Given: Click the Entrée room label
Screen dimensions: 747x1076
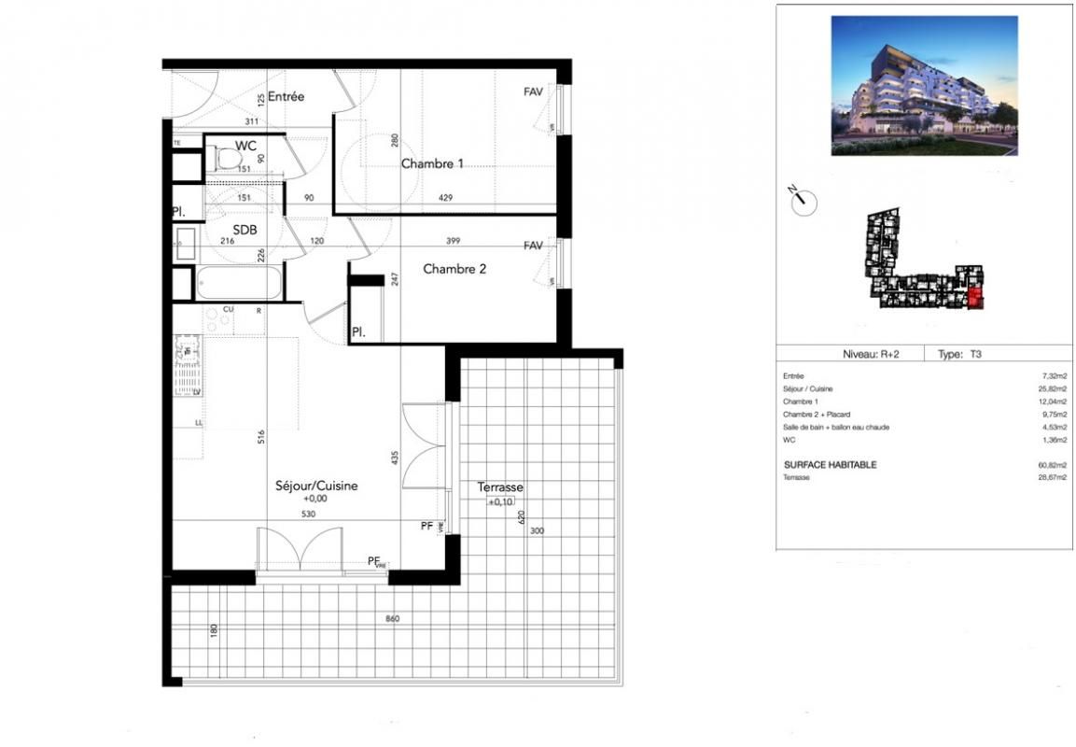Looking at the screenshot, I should [286, 97].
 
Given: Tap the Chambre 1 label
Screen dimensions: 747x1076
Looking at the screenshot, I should [432, 164].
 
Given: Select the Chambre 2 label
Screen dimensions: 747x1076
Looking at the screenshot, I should [454, 269].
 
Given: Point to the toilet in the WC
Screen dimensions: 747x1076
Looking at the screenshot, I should [225, 160].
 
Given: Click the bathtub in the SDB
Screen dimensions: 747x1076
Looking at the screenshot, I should [238, 283].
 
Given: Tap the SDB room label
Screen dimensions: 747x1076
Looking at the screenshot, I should [245, 230].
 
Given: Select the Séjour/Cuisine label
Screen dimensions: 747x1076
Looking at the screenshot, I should [316, 486].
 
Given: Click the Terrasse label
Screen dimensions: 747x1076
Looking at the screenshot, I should [499, 486].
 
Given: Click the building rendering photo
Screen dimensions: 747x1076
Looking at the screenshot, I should [924, 85].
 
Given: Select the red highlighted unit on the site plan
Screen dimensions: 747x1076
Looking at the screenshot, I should [975, 299].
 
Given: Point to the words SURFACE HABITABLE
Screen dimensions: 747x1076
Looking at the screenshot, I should [830, 465].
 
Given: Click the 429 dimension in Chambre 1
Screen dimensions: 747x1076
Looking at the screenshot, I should [447, 198].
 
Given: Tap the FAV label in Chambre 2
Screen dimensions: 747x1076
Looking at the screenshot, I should [533, 246].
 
